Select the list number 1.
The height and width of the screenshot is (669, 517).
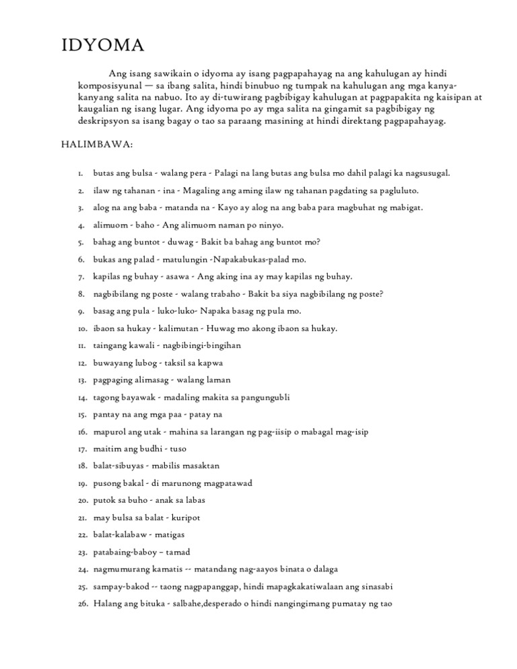coord(81,174)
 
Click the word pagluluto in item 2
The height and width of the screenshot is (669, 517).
coord(398,191)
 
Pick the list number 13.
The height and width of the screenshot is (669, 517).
coord(80,380)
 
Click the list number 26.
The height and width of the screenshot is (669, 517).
coord(81,604)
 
